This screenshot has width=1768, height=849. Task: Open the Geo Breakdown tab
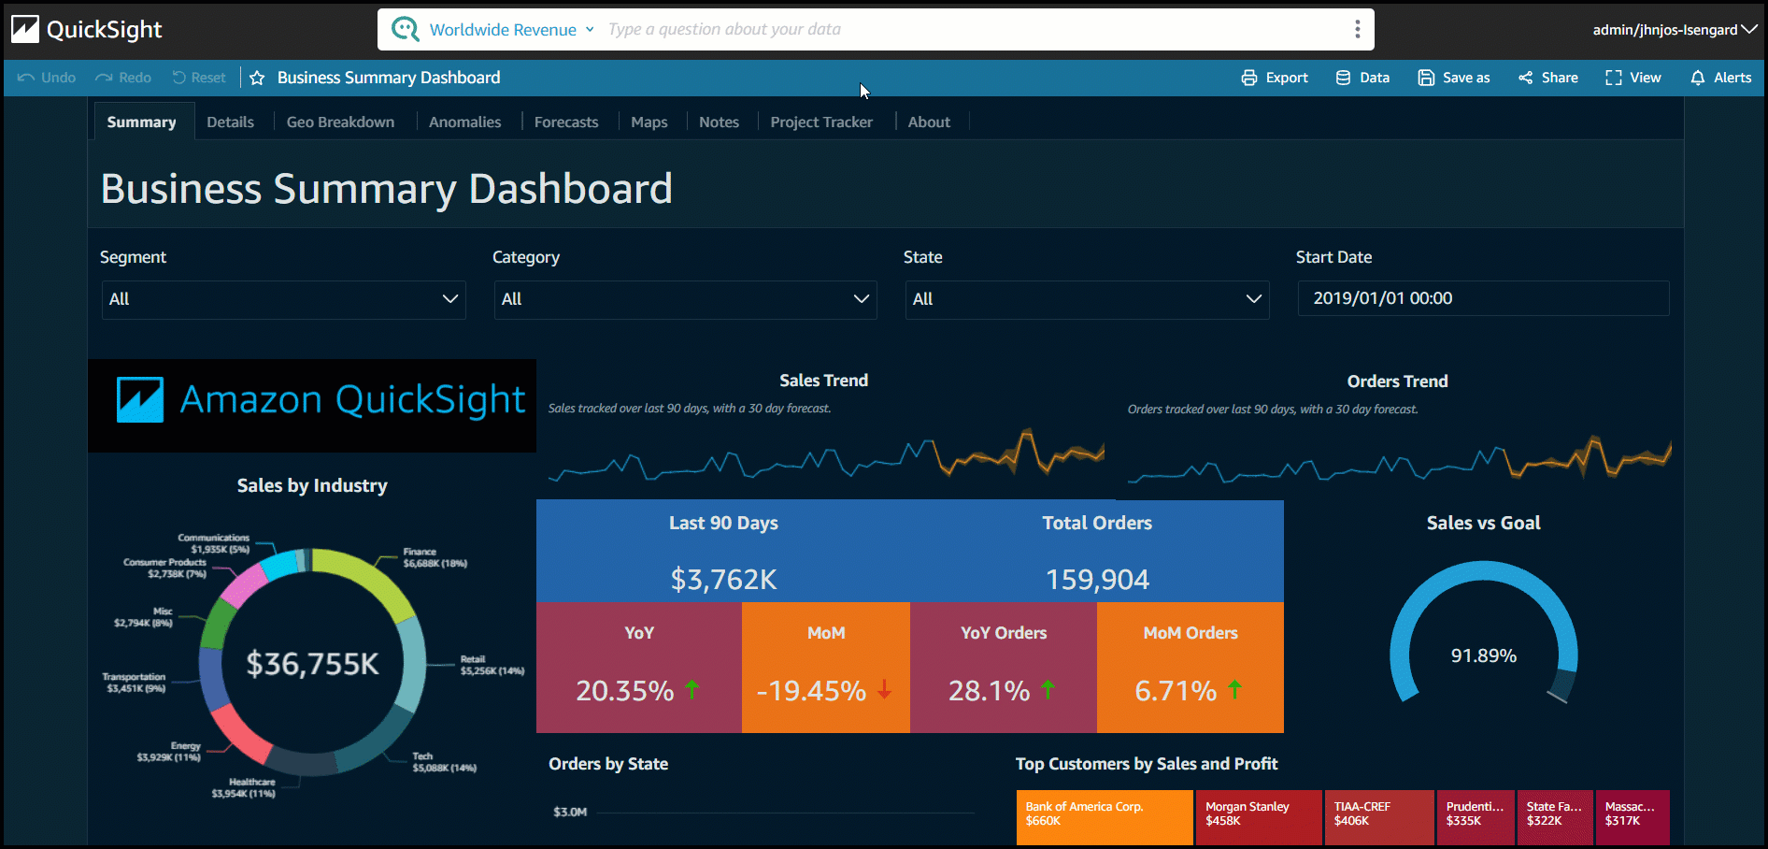[x=340, y=122]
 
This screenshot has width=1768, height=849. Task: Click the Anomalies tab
[x=464, y=122]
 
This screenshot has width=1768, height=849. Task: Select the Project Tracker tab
[x=820, y=122]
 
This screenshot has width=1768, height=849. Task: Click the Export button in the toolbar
[x=1275, y=78]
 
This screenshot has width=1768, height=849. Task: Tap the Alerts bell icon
[x=1698, y=78]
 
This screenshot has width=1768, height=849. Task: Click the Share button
[x=1548, y=78]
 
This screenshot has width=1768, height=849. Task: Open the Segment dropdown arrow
[x=449, y=299]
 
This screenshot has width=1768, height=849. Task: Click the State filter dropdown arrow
[x=1253, y=299]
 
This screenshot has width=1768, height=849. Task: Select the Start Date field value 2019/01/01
[x=1382, y=298]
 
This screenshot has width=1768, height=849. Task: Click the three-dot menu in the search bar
[x=1357, y=29]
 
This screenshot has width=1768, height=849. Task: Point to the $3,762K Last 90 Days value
[x=723, y=580]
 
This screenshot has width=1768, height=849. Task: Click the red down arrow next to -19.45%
[x=884, y=691]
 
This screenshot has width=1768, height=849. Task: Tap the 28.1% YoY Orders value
[x=989, y=691]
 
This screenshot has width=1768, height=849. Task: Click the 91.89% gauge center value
[x=1483, y=656]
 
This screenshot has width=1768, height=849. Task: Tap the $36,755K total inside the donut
[x=312, y=664]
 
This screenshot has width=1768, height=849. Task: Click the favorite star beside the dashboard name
[x=257, y=79]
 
